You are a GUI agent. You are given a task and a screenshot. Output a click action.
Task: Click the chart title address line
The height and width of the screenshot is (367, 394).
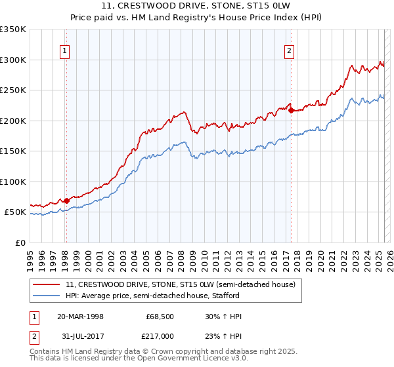pyautogui.click(x=196, y=5)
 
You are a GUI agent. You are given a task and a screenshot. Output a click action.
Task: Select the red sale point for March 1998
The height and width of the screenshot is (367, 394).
pyautogui.click(x=66, y=201)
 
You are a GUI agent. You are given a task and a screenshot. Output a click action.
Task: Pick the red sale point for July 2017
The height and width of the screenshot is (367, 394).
pyautogui.click(x=290, y=110)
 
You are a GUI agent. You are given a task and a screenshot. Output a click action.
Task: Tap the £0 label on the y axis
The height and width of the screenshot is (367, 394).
pyautogui.click(x=20, y=242)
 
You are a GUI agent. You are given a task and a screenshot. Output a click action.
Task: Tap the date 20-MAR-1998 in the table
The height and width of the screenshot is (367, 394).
pyautogui.click(x=80, y=317)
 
